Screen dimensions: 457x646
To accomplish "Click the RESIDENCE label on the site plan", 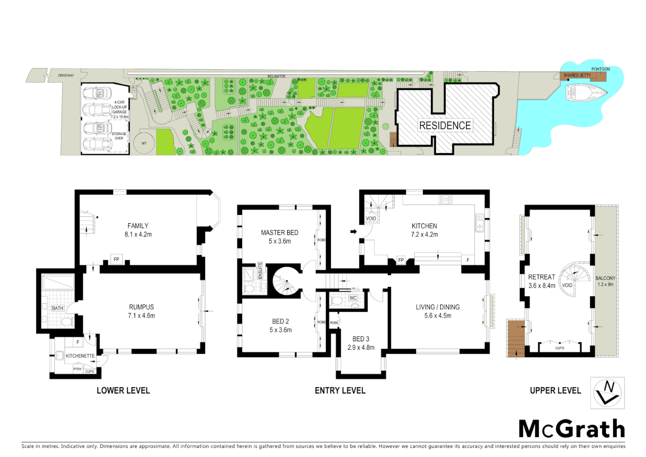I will (445, 126).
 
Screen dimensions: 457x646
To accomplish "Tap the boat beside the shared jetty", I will (586, 92).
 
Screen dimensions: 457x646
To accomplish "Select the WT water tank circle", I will (144, 143).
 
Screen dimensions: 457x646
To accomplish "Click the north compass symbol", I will (607, 393).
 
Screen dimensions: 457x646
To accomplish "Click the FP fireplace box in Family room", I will (116, 259).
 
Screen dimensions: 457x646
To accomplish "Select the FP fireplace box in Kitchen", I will (401, 260).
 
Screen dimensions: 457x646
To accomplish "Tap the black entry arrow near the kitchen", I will (353, 231).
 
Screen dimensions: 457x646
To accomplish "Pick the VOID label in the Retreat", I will (567, 285).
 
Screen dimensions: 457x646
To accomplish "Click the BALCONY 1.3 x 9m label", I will (605, 281).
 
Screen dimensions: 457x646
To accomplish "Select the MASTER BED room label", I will (279, 233).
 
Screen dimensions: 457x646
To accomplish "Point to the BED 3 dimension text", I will (361, 347).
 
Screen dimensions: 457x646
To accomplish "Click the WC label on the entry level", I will (353, 298).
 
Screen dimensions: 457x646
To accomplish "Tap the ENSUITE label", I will (260, 271).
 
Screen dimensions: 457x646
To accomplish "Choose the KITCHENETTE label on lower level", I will (80, 356).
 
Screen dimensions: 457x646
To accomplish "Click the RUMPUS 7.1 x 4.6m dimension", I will (141, 316).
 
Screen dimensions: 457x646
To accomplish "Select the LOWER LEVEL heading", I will (123, 391).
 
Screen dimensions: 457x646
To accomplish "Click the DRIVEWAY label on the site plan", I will (66, 76).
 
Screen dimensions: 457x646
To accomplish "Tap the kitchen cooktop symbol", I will (445, 199).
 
